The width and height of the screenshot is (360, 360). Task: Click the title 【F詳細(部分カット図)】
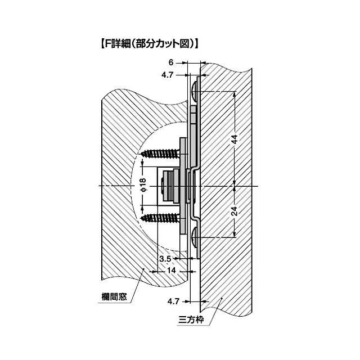point(149,43)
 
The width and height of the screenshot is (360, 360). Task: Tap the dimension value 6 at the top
point(171,62)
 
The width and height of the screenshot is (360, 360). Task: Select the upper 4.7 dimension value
point(167,75)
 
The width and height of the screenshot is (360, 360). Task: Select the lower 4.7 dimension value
point(173,301)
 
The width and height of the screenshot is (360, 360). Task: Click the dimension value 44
point(234,139)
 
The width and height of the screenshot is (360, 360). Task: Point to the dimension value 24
point(234,211)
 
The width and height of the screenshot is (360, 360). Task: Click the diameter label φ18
point(143,185)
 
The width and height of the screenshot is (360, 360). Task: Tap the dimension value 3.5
point(165,259)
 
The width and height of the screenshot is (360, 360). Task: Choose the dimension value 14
point(171,271)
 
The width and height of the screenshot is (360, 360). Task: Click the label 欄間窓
point(114,297)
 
